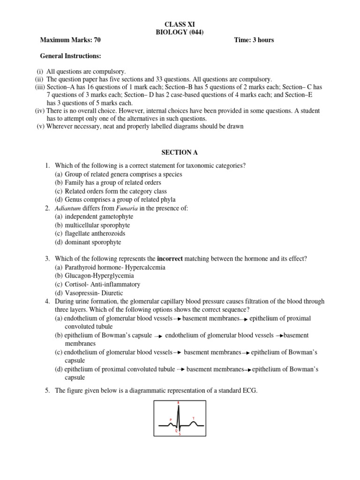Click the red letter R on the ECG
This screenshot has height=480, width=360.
pyautogui.click(x=178, y=403)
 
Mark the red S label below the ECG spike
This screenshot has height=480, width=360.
pyautogui.click(x=180, y=434)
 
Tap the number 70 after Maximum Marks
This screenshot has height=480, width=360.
pyautogui.click(x=97, y=40)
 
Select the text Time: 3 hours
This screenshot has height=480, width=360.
pyautogui.click(x=254, y=40)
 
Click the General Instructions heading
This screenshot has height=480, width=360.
pyautogui.click(x=70, y=56)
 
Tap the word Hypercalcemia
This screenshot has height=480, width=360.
pyautogui.click(x=144, y=267)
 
